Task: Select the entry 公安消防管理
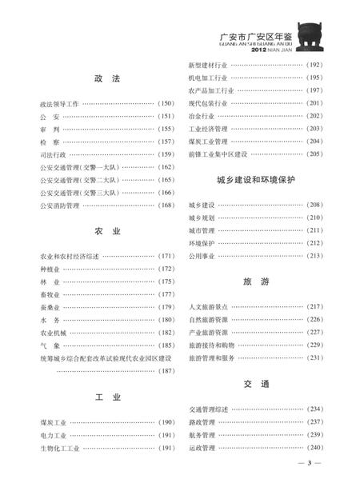(x=59, y=206)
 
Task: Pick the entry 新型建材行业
(x=208, y=64)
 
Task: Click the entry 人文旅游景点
(x=208, y=306)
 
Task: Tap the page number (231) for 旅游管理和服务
(x=314, y=357)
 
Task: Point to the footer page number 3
(x=308, y=463)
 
